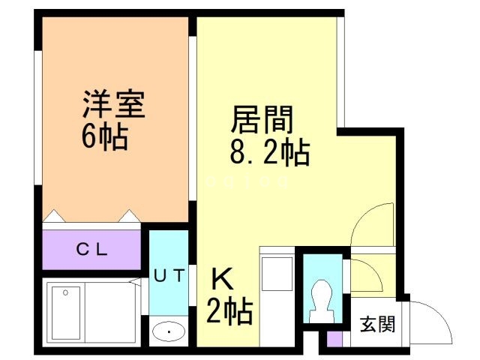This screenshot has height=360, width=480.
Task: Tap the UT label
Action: pos(169,275)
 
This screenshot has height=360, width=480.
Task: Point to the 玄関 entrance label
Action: pos(379,325)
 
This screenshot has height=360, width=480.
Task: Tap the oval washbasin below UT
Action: pos(169,331)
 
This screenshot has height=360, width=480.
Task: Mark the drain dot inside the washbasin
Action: pos(169,331)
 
